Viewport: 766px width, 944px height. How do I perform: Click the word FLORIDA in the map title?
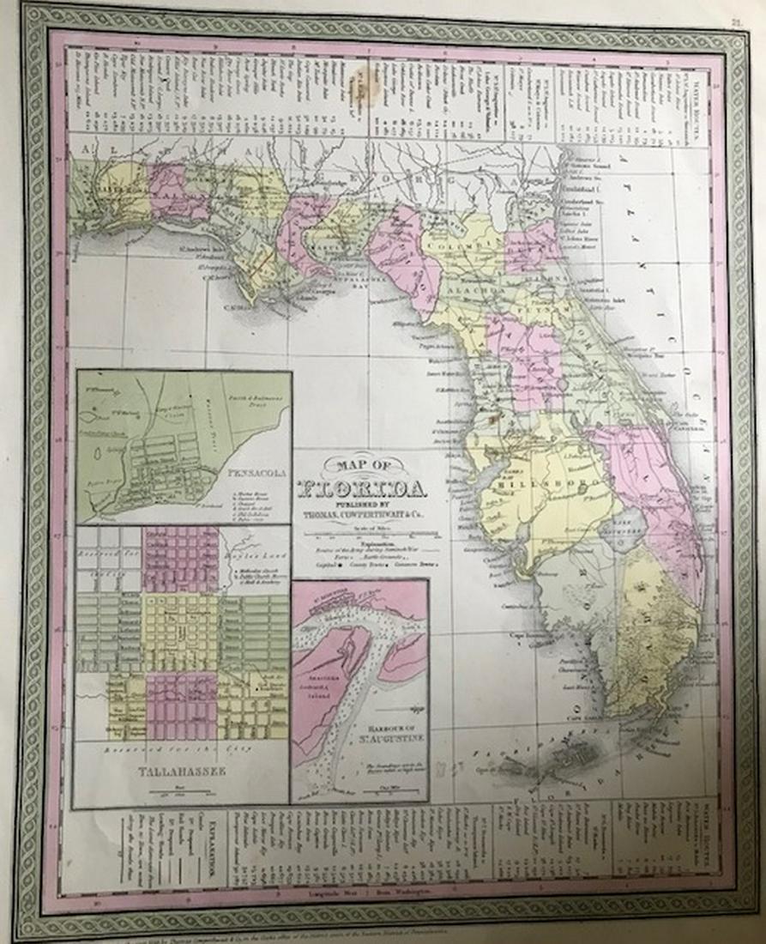point(360,491)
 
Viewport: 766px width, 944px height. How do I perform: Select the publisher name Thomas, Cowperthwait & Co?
point(361,516)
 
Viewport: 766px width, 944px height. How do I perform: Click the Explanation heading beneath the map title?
point(361,543)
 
